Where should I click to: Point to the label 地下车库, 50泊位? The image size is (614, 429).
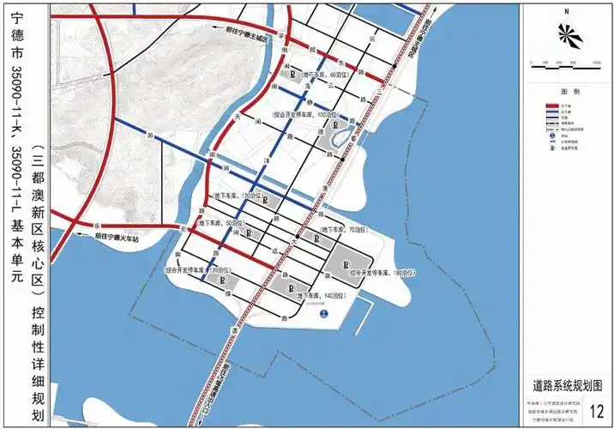coord(222,222)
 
